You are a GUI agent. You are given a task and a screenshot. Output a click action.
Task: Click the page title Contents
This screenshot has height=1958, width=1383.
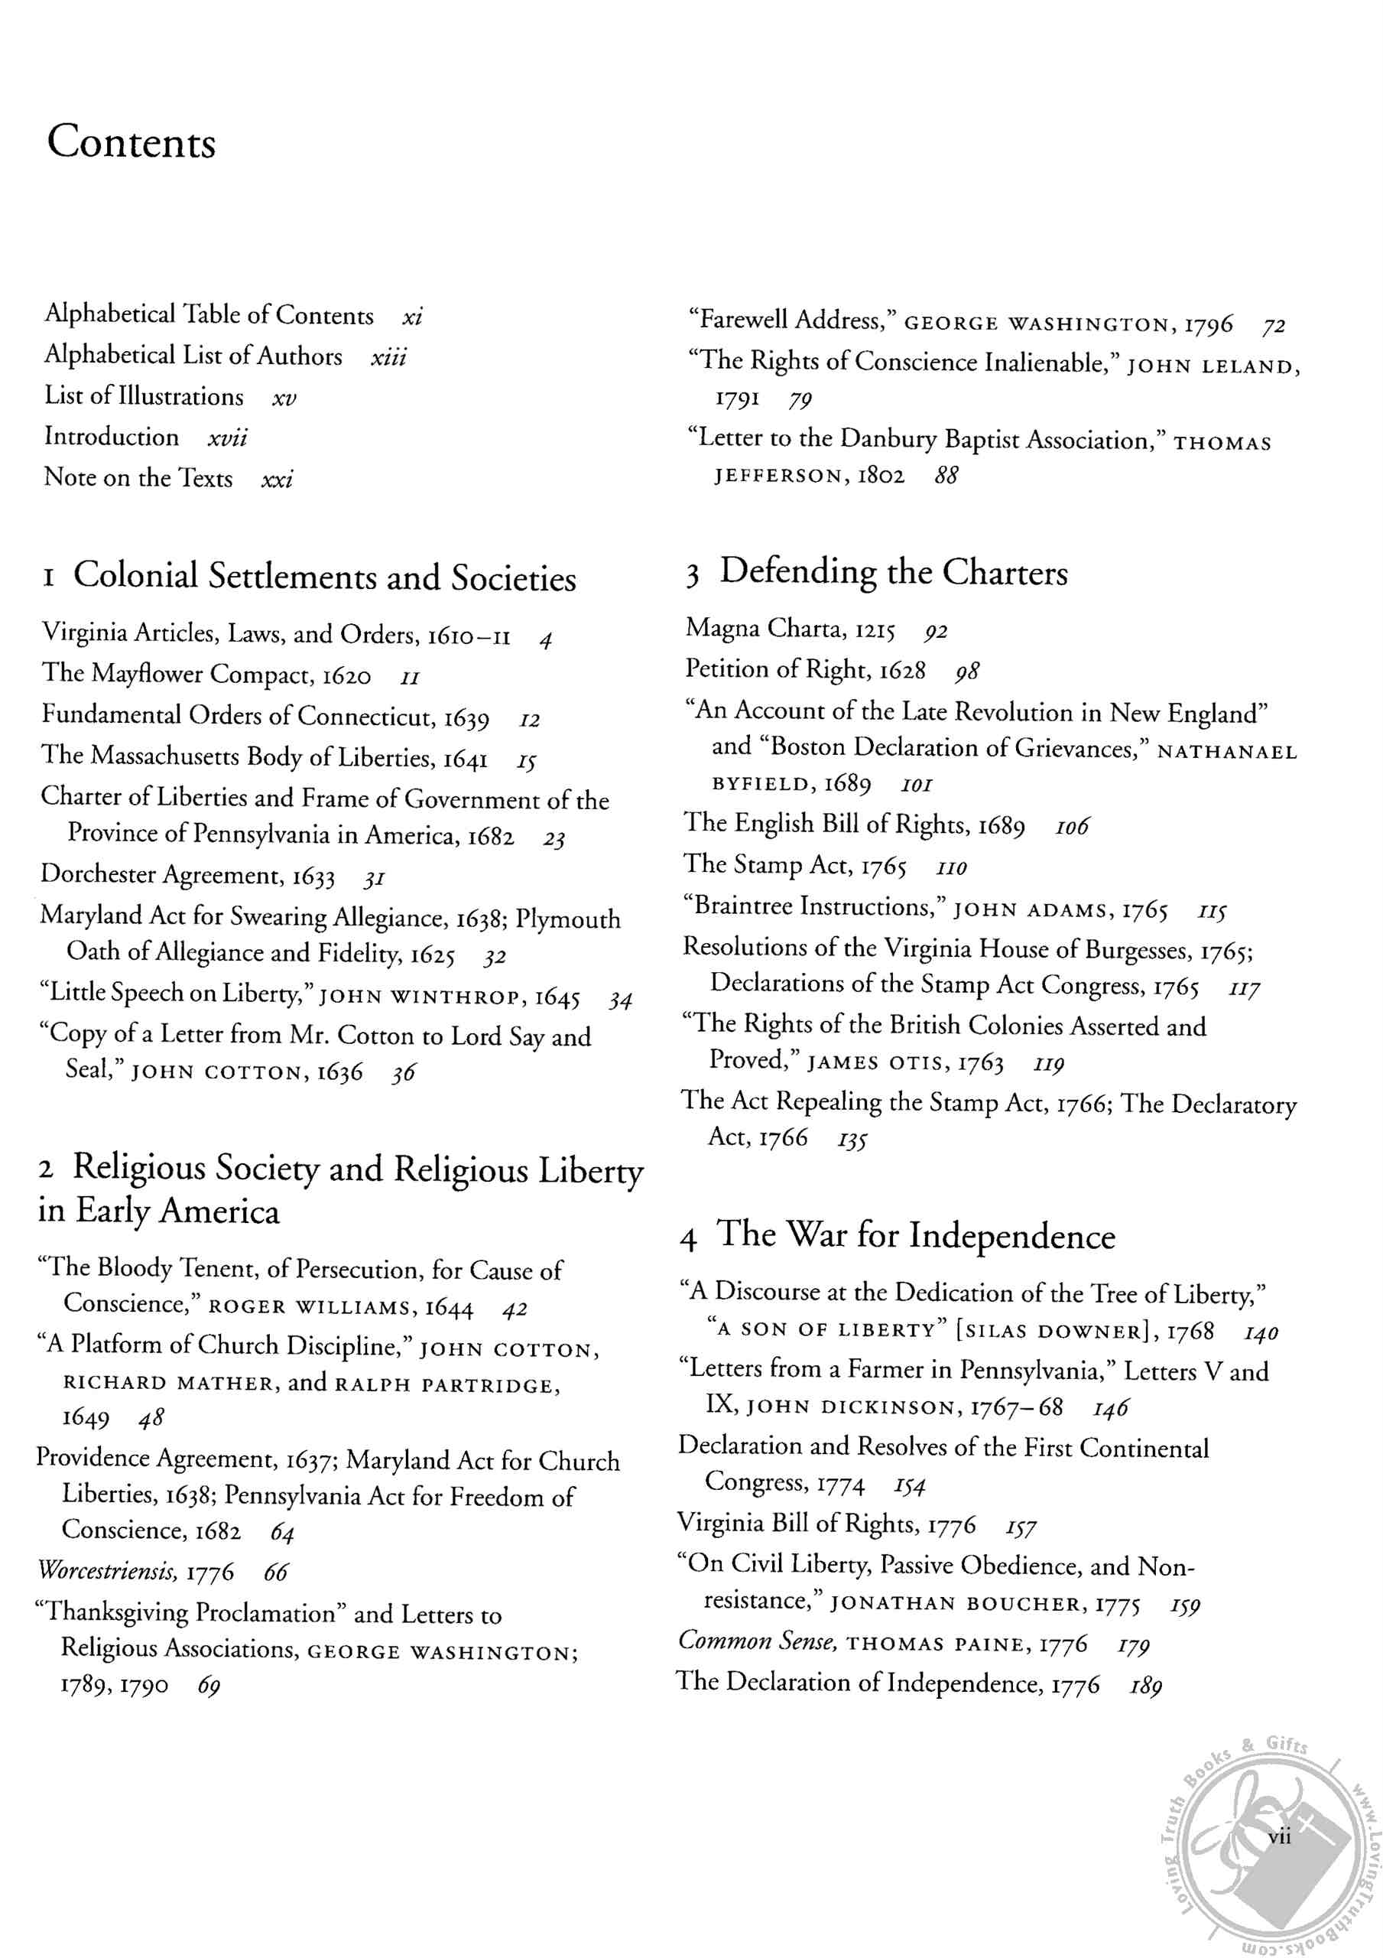131,141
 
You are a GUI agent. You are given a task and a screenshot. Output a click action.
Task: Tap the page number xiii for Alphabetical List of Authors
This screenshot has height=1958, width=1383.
389,356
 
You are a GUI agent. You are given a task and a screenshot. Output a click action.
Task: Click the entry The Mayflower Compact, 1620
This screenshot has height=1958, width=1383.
206,675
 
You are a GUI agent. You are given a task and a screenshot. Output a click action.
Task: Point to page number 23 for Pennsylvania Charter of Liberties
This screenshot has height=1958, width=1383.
554,839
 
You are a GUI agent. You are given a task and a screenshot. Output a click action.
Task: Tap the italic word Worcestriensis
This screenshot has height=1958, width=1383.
108,1570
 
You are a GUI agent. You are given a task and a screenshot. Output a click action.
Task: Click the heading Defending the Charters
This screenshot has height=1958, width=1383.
893,572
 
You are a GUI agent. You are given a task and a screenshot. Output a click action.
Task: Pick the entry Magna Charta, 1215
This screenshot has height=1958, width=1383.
791,629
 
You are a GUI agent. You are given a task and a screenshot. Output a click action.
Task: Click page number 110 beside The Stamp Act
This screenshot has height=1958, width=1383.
952,868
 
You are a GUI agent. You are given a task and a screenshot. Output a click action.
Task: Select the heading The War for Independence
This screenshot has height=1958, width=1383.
915,1236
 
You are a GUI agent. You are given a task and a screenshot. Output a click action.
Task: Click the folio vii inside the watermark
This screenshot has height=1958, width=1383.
1278,1837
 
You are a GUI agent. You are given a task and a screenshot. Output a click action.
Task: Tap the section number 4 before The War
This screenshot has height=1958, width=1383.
688,1239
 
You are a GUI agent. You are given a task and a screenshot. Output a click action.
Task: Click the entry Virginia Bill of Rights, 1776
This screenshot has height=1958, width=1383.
826,1523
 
